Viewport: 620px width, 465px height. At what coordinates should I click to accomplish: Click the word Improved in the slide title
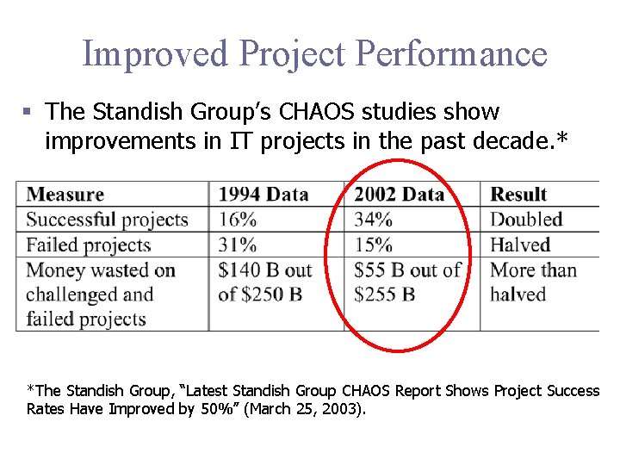point(155,53)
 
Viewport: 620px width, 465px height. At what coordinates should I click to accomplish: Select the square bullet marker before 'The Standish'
point(28,113)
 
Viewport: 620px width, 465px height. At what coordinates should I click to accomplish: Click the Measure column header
point(65,195)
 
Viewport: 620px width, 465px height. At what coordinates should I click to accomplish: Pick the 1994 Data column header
point(263,195)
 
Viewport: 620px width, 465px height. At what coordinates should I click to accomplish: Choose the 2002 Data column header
point(399,195)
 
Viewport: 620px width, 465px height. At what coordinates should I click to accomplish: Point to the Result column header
point(518,195)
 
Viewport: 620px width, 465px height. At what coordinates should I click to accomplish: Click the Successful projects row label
point(107,220)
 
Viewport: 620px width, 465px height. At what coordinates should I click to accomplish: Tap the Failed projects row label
point(89,245)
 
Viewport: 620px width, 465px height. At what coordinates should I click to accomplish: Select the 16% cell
point(238,220)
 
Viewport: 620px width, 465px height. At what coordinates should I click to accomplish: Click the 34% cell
point(373,220)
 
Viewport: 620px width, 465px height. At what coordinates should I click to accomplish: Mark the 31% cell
point(238,245)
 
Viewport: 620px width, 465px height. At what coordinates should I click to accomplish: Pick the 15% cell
point(373,245)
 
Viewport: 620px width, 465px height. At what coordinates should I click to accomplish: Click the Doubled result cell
point(526,220)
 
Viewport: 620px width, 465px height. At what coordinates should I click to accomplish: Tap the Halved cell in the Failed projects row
point(520,245)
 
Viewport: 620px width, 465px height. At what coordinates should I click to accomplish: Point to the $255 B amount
point(385,294)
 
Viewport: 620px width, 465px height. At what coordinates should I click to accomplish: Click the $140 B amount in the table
point(250,270)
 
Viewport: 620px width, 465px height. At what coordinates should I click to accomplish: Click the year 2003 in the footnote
point(344,409)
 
